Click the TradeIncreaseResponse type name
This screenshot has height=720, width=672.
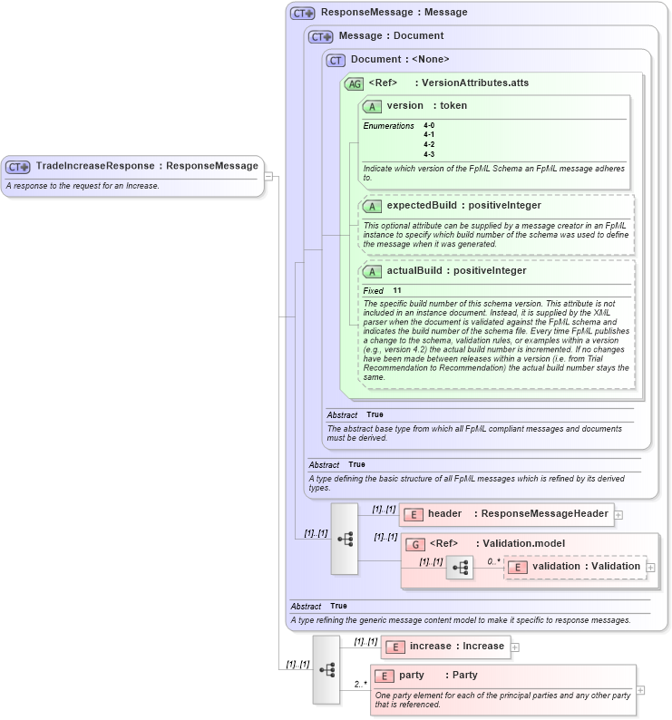[95, 166]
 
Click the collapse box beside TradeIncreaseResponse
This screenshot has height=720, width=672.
[269, 176]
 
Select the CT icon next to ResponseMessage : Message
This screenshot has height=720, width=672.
[303, 13]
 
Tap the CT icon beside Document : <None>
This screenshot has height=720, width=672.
[336, 60]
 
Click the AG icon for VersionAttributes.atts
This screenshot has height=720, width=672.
[354, 83]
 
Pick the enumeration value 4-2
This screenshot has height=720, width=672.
[429, 144]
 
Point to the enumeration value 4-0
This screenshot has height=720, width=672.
[429, 125]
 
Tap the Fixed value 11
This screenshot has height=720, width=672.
[397, 290]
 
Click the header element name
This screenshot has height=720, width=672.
[444, 513]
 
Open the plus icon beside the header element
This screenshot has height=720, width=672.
[618, 514]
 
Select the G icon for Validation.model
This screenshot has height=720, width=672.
[415, 544]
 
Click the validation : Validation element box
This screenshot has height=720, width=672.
[575, 567]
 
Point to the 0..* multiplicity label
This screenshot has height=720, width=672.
[493, 561]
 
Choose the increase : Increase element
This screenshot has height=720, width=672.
[445, 647]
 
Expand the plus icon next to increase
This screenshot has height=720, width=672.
[515, 647]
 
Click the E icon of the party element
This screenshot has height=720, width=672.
[385, 676]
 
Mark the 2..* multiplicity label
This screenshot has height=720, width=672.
[360, 684]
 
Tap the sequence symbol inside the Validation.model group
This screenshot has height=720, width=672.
[460, 569]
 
